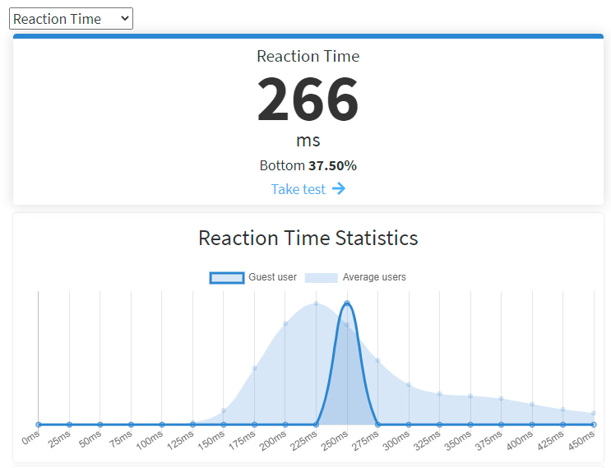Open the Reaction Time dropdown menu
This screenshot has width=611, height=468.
71,19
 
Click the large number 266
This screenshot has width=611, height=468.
308,100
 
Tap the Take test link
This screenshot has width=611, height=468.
299,189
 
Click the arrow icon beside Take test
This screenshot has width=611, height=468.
339,189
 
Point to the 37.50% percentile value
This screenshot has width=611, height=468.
332,165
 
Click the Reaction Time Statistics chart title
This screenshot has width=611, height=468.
308,239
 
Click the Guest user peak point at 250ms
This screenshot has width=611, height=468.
347,304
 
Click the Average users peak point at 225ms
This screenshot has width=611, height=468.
316,304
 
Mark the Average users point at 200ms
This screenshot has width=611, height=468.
285,323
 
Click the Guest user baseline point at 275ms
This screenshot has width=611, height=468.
377,424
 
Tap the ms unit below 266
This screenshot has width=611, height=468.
308,141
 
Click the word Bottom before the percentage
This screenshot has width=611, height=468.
282,165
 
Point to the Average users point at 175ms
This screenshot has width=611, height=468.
254,368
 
